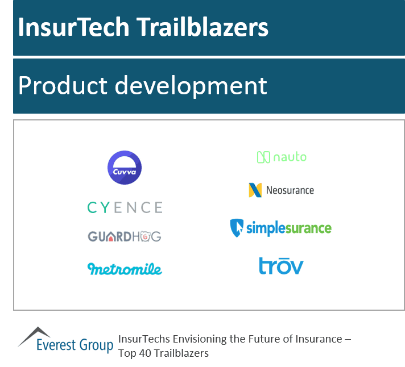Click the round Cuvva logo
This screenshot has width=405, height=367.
pos(125,168)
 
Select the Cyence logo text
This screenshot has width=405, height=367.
pos(125,207)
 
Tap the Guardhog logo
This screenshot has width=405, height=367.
pos(125,236)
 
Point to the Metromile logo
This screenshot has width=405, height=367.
pos(125,268)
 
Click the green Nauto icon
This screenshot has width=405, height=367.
pos(263,157)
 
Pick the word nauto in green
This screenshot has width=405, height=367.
pos(290,157)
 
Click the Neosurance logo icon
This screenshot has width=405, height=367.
pos(255,190)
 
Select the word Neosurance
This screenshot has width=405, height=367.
pos(290,190)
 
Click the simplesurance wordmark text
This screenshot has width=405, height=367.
pos(288,228)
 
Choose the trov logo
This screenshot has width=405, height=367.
pos(281,266)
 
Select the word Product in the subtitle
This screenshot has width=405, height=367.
pos(63,86)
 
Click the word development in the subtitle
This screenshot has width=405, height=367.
pos(191,86)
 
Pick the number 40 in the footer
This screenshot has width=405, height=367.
pos(145,353)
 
